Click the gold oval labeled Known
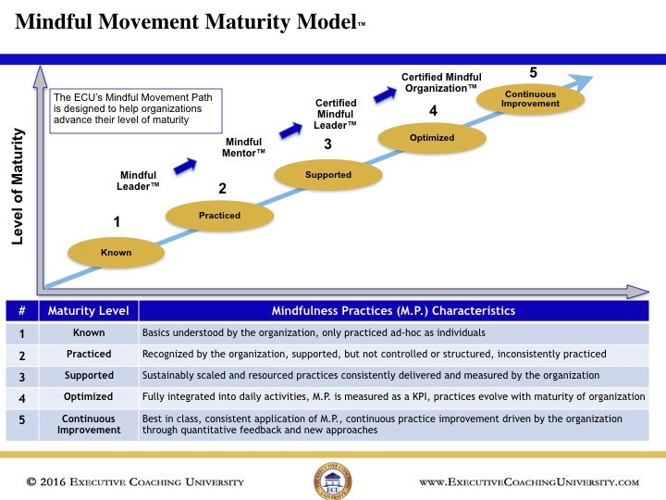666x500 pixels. [x=117, y=252]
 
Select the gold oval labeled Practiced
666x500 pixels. [x=219, y=216]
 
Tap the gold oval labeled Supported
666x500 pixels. [x=328, y=175]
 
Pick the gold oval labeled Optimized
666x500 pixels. [x=432, y=138]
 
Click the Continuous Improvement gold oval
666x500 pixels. [x=530, y=98]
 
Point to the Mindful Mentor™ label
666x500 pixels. [x=244, y=146]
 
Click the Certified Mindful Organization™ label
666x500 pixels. [x=439, y=82]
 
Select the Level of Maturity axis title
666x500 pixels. [x=18, y=186]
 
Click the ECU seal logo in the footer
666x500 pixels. [x=332, y=481]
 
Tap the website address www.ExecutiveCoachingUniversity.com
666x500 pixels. [x=528, y=482]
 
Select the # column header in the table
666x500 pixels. [x=22, y=311]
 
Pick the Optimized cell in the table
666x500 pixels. [x=89, y=396]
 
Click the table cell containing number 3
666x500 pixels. [x=22, y=375]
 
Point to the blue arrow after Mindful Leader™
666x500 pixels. [x=186, y=164]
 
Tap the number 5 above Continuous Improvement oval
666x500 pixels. [x=533, y=72]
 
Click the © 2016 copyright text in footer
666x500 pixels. [x=135, y=482]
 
